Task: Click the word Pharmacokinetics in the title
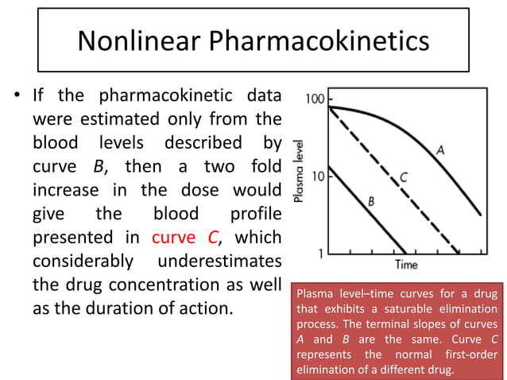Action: pos(317,40)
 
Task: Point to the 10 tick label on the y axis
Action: pos(315,176)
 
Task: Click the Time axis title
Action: pos(407,264)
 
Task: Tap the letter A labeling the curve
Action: pos(439,148)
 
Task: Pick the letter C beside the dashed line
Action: pos(404,177)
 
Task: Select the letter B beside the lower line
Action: pos(370,203)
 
